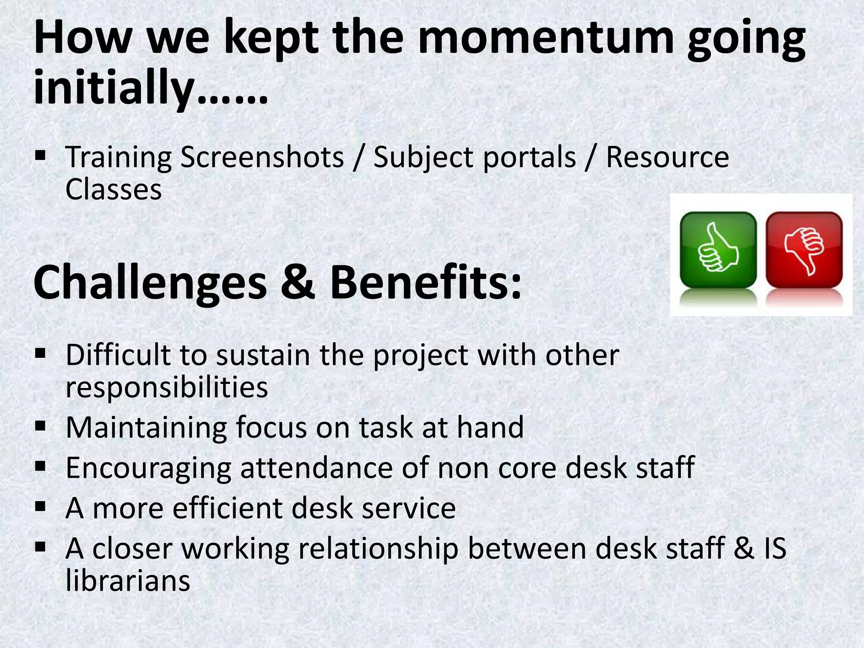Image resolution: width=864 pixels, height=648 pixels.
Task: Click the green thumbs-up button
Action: click(x=718, y=250)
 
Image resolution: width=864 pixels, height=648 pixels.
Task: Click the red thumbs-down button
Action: click(x=804, y=250)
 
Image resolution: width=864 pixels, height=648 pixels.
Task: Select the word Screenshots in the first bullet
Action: click(x=262, y=157)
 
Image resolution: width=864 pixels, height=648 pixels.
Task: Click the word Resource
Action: click(x=667, y=157)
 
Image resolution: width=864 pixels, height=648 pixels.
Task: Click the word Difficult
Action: click(x=118, y=355)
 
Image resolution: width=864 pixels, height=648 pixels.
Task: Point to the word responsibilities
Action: click(x=167, y=387)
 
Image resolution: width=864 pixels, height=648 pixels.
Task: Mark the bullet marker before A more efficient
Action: click(x=40, y=506)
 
